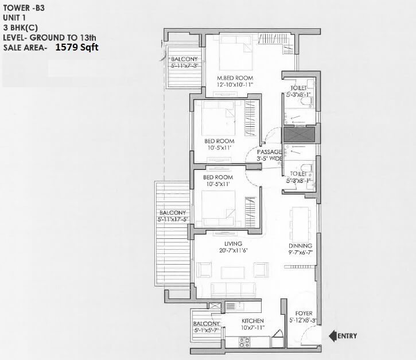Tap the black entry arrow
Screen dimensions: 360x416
(332, 335)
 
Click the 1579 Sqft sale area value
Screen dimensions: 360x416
(77, 48)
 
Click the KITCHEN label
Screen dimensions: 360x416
(252, 320)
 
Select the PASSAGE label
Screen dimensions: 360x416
(269, 152)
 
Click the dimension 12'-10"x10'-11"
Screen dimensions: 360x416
(235, 85)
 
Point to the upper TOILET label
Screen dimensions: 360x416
(299, 87)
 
